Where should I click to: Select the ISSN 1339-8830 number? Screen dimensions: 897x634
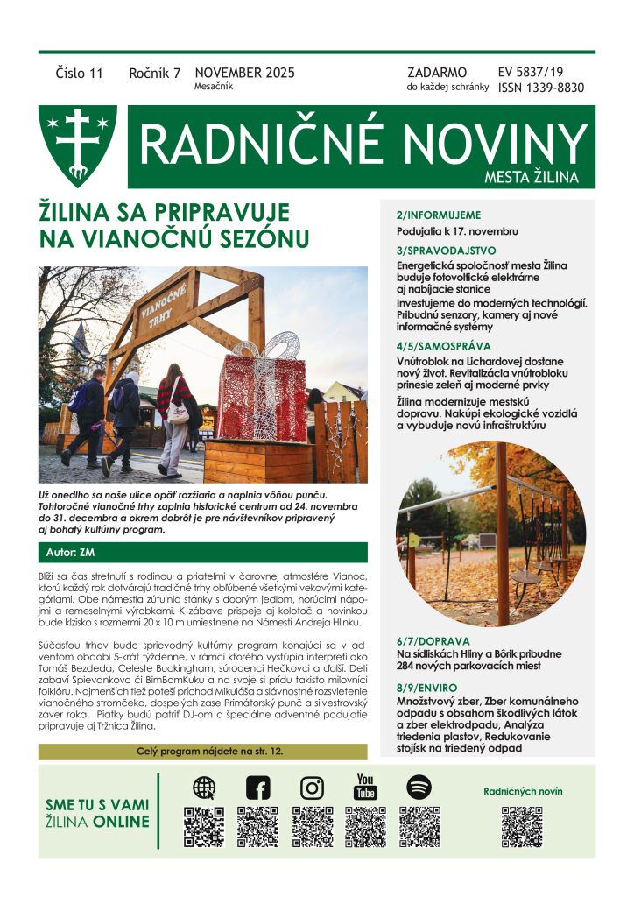[540, 88]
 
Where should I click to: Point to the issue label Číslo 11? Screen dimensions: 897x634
[79, 74]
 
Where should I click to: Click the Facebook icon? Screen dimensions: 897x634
[258, 788]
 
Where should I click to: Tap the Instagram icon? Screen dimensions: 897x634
[312, 788]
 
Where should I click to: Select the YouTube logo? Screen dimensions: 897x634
[365, 786]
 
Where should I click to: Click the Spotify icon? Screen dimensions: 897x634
[419, 787]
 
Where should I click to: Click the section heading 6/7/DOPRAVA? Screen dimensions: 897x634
[433, 640]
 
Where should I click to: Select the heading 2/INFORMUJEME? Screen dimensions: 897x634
[439, 215]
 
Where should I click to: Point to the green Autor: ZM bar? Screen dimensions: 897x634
[203, 553]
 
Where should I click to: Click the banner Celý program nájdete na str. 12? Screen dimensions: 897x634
[203, 752]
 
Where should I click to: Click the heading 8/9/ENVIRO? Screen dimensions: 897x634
[429, 688]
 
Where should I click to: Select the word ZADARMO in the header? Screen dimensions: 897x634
[437, 73]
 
